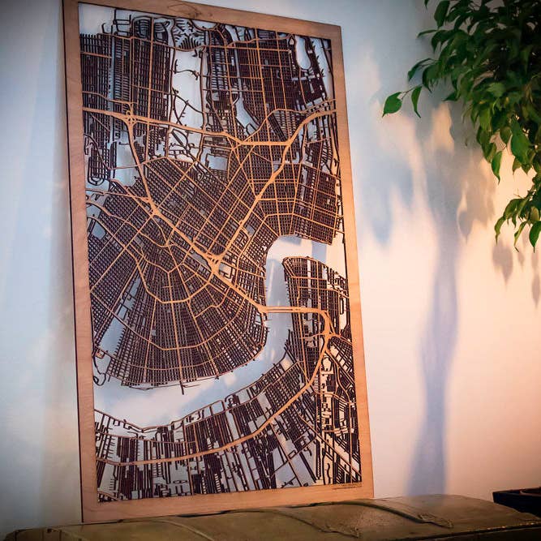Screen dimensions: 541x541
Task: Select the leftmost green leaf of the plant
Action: [393, 104]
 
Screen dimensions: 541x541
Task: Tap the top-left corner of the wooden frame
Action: [66, 3]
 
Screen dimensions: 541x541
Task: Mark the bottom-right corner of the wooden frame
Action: [371, 494]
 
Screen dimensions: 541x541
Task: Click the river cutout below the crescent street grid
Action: [187, 401]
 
